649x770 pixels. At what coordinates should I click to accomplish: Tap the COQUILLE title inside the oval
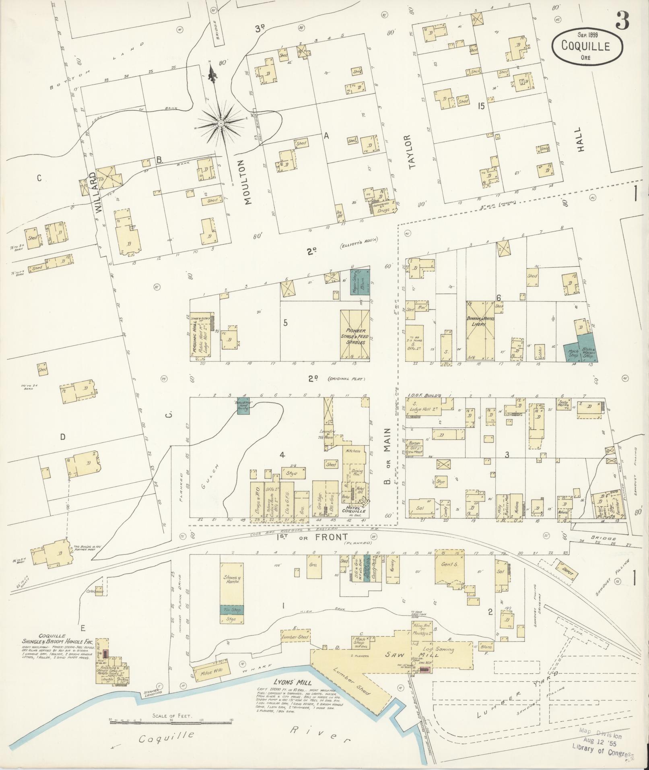point(586,46)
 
